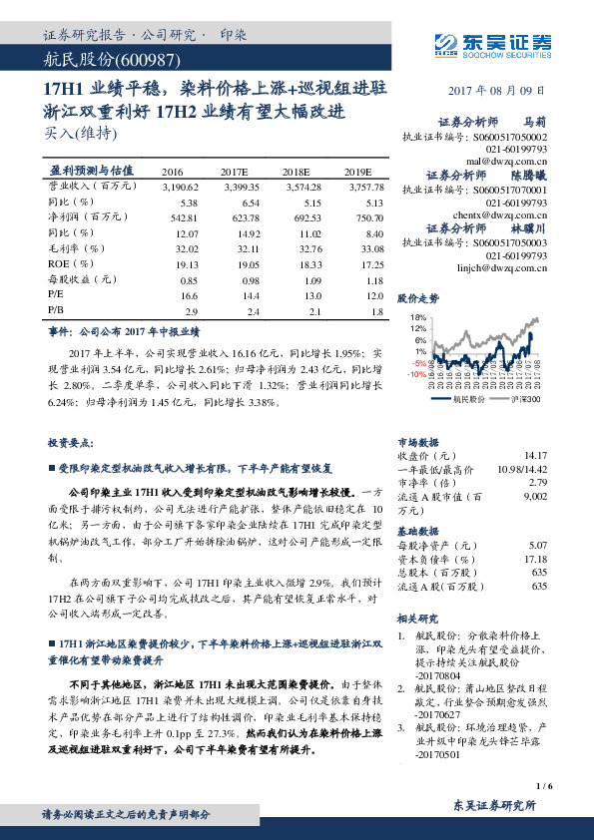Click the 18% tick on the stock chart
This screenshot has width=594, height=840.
[x=418, y=317]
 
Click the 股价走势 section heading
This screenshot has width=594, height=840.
[x=418, y=298]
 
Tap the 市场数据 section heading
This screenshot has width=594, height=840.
[x=418, y=440]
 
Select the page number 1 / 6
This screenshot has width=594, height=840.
[x=544, y=786]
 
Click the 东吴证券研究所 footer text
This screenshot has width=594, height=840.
[x=494, y=805]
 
